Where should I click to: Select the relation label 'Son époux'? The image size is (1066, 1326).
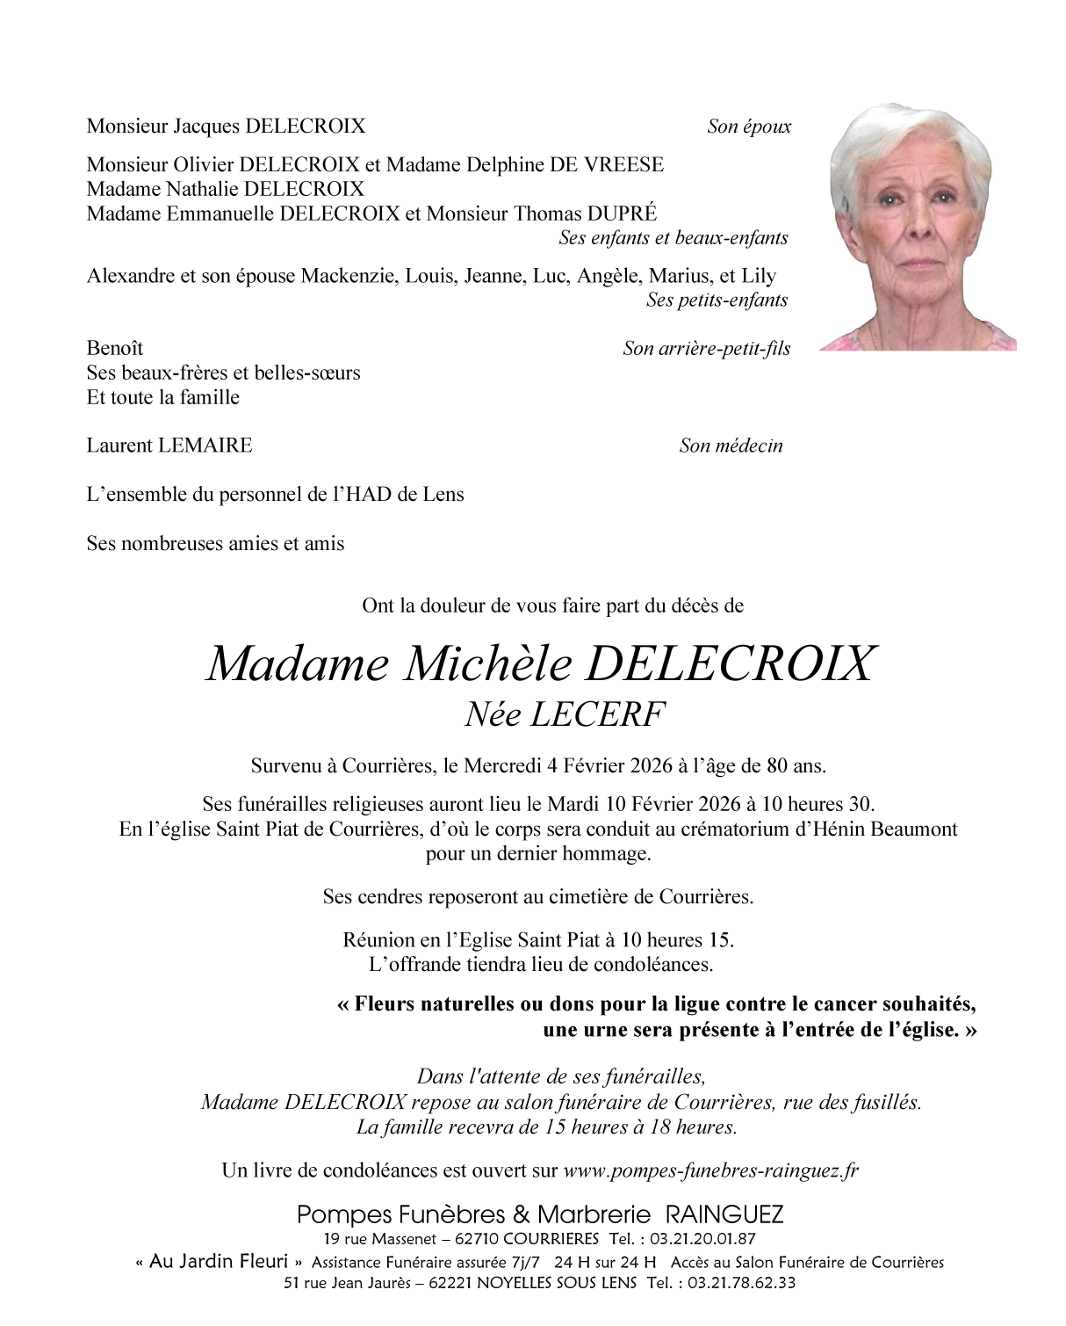748,127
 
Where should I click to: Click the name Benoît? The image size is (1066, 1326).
114,348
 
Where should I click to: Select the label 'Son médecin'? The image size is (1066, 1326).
731,446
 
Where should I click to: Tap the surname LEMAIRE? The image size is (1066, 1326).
205,446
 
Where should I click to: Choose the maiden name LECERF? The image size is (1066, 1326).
597,714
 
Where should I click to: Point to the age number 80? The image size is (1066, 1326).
776,765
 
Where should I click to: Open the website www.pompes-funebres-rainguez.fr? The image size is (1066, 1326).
710,1170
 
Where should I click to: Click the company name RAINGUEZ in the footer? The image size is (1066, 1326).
724,1215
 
